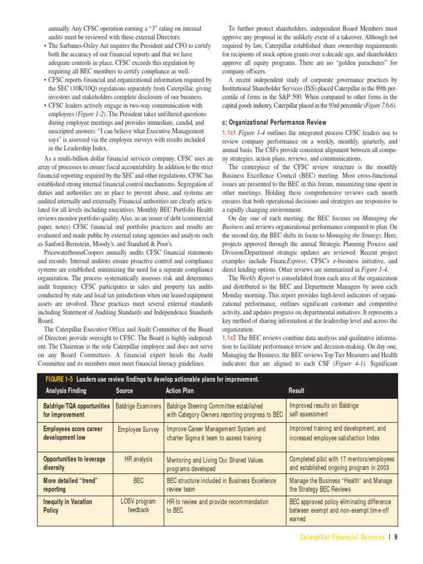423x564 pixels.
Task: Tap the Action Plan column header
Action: [180, 391]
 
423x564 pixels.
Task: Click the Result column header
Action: [296, 391]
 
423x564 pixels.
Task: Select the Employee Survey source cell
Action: [138, 429]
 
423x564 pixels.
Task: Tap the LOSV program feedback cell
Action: [138, 506]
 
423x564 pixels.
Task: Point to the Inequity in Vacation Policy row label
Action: [68, 506]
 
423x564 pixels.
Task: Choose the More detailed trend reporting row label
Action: [70, 485]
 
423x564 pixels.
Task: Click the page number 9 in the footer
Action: [395, 538]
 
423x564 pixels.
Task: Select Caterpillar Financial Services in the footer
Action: [341, 538]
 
